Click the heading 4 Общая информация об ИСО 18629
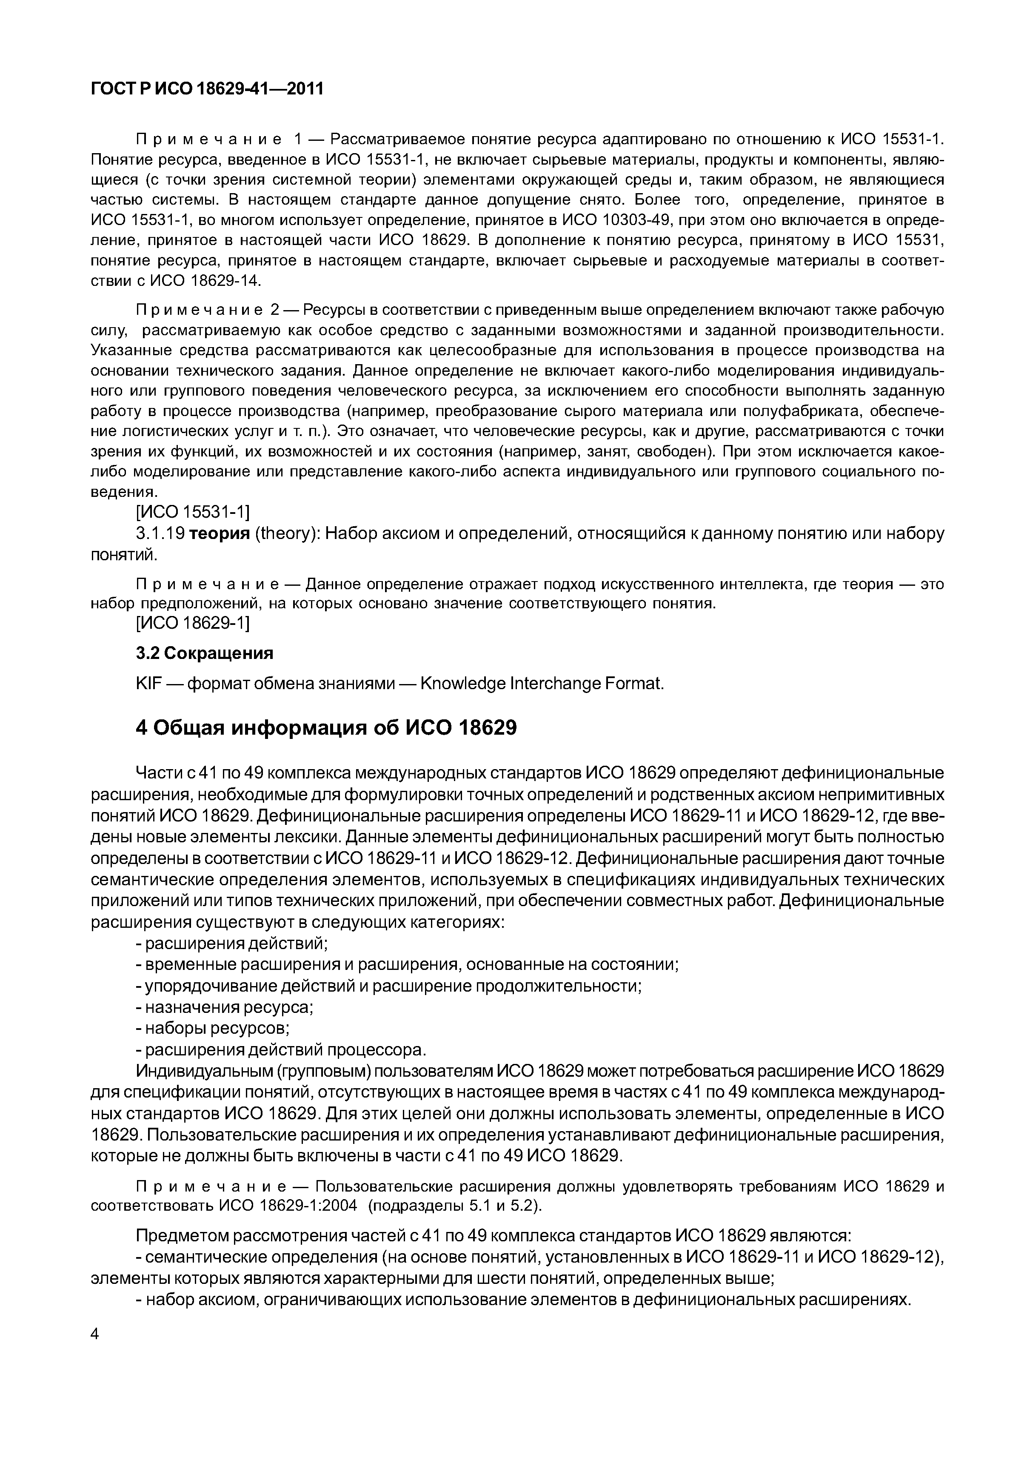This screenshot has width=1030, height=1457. (326, 728)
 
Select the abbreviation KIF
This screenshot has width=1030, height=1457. (148, 684)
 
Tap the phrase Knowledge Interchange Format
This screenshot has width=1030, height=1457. (542, 684)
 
